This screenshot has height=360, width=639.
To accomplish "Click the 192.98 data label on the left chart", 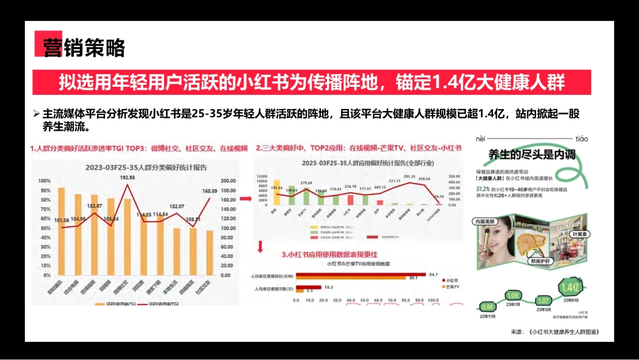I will click(127, 178).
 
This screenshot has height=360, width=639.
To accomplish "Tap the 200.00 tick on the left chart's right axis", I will click(229, 180).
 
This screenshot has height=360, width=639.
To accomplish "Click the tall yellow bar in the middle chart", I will click(276, 191).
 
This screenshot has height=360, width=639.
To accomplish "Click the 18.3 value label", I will click(329, 287).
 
